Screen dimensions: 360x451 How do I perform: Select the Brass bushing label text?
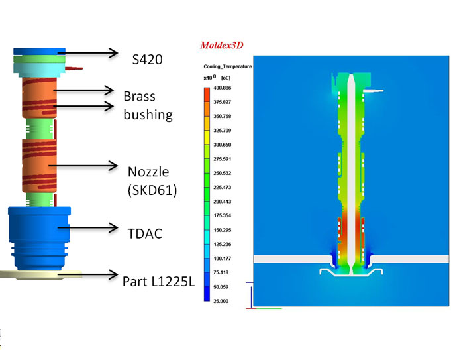coord(148,105)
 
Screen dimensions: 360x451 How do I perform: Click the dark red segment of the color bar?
coord(207,91)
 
